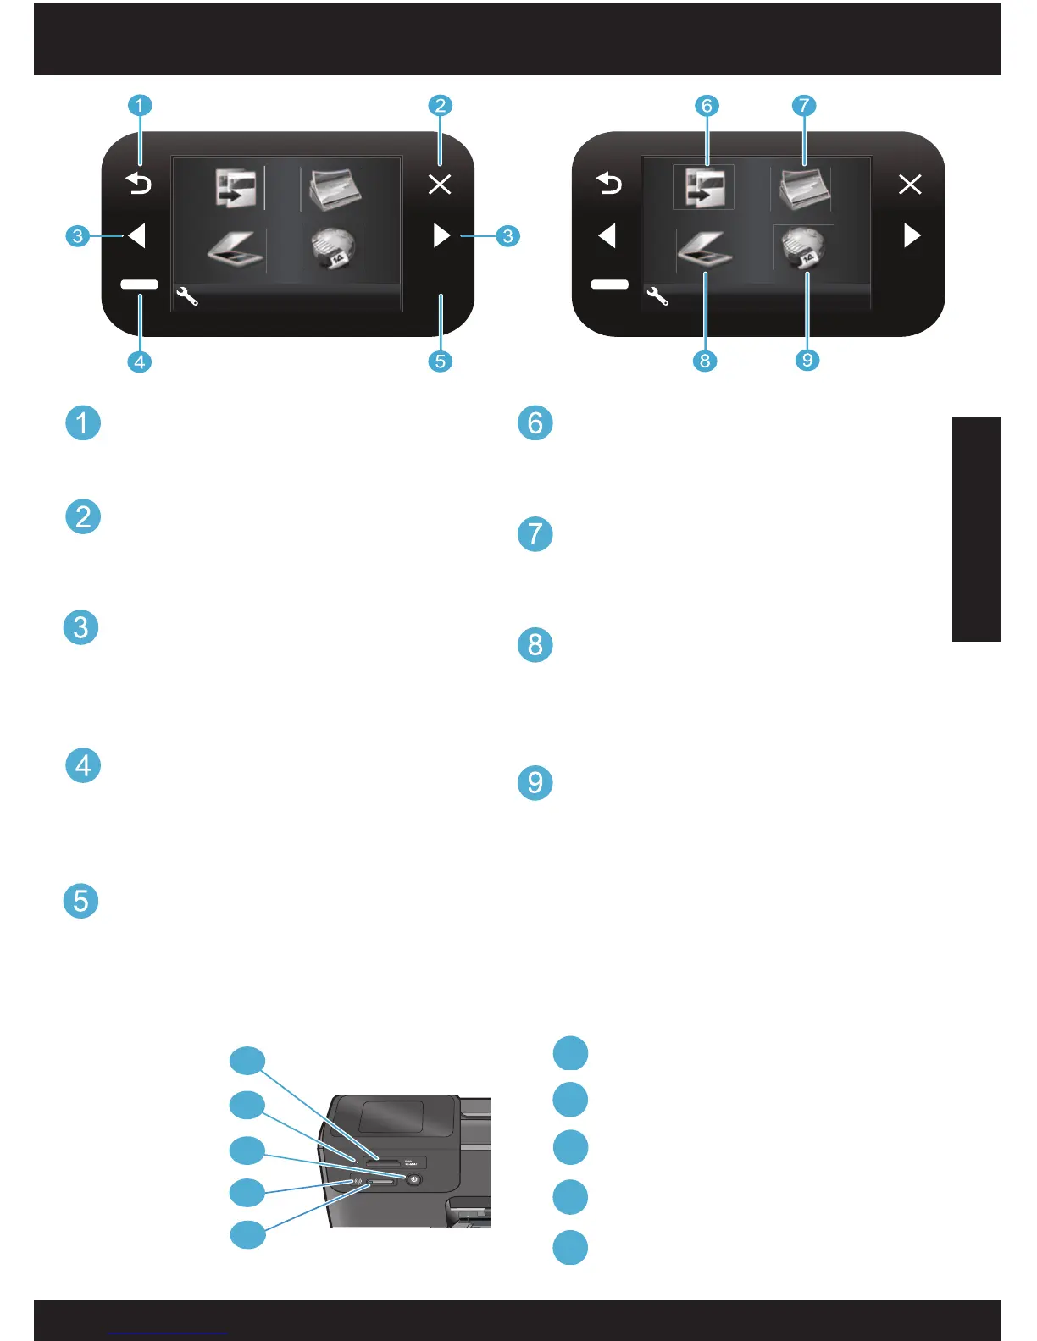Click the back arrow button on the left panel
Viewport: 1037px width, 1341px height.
[139, 182]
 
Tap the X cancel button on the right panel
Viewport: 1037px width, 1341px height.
[910, 184]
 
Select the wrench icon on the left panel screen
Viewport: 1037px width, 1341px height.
[187, 296]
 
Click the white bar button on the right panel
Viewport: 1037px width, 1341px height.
[610, 284]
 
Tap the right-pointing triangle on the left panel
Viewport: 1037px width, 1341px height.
[441, 235]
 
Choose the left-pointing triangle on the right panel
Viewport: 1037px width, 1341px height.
[607, 235]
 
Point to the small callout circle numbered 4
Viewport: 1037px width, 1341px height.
[140, 361]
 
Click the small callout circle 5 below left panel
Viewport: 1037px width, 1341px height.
[440, 361]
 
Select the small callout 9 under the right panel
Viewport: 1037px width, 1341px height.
[807, 360]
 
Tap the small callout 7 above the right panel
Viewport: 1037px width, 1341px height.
[803, 106]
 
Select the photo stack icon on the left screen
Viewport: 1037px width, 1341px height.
[335, 189]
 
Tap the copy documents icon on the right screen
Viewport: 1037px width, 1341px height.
[704, 187]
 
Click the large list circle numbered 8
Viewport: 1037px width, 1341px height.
[535, 645]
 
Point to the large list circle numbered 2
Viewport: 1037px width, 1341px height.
[83, 516]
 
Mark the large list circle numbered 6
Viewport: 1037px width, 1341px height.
[535, 422]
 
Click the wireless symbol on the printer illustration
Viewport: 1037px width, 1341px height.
[358, 1182]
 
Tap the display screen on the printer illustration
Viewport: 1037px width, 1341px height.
[391, 1117]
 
